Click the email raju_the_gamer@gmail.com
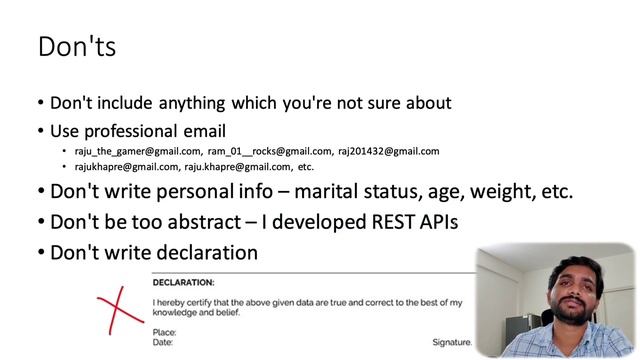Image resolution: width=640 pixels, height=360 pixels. pyautogui.click(x=138, y=151)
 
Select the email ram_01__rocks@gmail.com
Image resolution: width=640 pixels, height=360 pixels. pyautogui.click(x=270, y=151)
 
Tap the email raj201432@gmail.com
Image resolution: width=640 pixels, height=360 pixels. pyautogui.click(x=388, y=151)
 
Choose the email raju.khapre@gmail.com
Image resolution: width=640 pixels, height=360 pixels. pyautogui.click(x=238, y=167)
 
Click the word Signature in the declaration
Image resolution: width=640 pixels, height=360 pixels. pyautogui.click(x=451, y=341)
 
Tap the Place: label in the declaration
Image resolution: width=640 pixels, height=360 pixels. pyautogui.click(x=165, y=332)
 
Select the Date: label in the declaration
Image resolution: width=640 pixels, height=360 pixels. pyautogui.click(x=164, y=342)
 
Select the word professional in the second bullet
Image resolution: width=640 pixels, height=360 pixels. pyautogui.click(x=140, y=130)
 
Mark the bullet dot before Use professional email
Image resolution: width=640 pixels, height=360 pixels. pyautogui.click(x=40, y=131)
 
